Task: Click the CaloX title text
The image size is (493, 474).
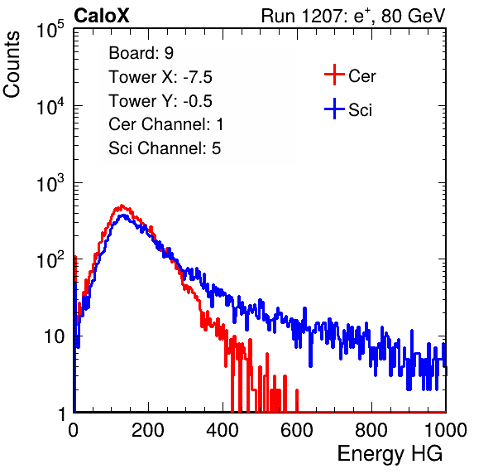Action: tap(102, 16)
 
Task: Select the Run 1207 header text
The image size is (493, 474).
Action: tap(353, 16)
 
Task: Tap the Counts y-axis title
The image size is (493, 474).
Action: tap(12, 65)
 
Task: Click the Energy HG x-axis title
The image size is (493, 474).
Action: tap(390, 454)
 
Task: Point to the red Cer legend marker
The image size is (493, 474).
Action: tap(334, 75)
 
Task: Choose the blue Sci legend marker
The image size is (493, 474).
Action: tap(334, 109)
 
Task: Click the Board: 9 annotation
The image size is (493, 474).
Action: tap(141, 53)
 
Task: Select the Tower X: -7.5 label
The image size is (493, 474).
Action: tap(160, 77)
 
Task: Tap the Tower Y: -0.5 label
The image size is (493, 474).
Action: tap(160, 101)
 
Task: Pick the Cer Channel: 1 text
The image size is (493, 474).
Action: tap(166, 124)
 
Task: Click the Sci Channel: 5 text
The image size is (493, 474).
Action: tap(165, 148)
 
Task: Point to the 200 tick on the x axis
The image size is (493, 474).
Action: tap(148, 430)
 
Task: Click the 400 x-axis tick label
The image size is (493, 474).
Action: tap(223, 430)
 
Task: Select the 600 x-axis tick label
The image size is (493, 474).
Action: tap(297, 430)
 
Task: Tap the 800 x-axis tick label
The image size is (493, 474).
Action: tap(371, 430)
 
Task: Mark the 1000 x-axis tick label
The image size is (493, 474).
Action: tap(446, 430)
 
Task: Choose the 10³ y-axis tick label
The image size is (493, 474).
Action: tap(50, 183)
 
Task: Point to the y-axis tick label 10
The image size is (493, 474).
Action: tap(55, 337)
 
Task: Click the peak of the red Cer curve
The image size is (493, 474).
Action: tap(122, 206)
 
